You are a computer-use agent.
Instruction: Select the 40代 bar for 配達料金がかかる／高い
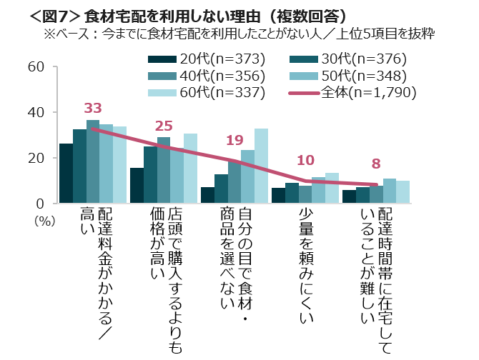click(93, 162)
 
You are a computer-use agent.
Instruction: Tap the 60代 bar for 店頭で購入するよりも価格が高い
click(190, 169)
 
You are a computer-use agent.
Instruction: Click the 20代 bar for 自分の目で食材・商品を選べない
click(207, 196)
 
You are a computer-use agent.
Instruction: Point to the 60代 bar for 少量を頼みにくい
click(332, 189)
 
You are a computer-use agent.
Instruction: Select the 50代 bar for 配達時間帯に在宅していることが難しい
click(389, 191)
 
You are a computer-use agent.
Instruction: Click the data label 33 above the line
click(93, 109)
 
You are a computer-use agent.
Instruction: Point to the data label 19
click(234, 140)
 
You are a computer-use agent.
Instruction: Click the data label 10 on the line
click(305, 160)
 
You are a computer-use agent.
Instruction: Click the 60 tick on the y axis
click(36, 67)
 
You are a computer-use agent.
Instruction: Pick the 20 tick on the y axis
click(36, 158)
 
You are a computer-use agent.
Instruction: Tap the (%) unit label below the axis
click(44, 221)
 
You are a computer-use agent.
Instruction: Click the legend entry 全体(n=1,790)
click(357, 92)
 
